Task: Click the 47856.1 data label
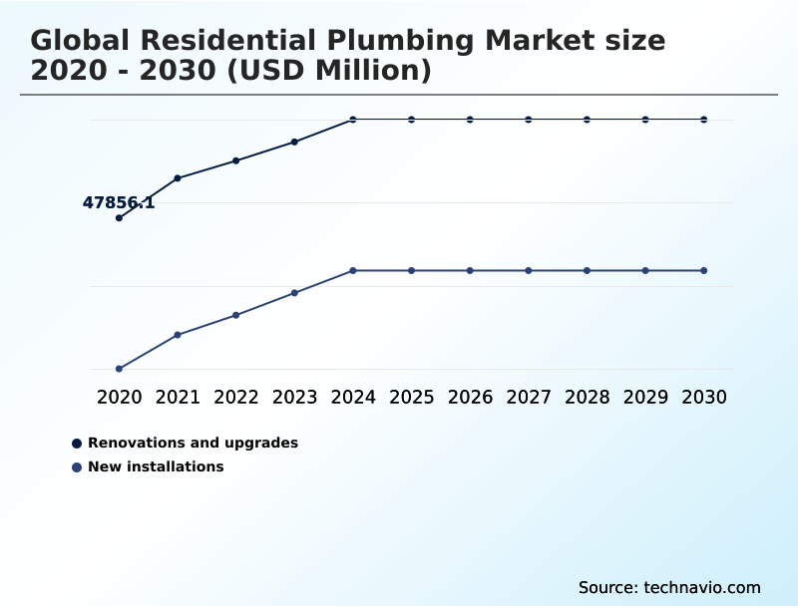[119, 203]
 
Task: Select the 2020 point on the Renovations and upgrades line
[119, 217]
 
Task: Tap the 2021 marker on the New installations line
[178, 335]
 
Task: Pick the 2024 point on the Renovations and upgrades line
[353, 120]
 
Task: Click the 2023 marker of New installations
[294, 293]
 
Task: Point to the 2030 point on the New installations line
[704, 270]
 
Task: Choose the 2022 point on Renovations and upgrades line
[236, 160]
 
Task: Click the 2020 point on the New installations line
[119, 369]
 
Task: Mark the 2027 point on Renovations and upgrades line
[529, 120]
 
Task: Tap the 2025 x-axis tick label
[411, 398]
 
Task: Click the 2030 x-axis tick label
[704, 398]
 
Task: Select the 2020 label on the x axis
[119, 398]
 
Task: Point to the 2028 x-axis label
[588, 398]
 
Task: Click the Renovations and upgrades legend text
[193, 443]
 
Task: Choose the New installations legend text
[156, 466]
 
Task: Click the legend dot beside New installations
[77, 466]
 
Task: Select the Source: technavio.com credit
[669, 587]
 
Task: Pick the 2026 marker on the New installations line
[470, 270]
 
